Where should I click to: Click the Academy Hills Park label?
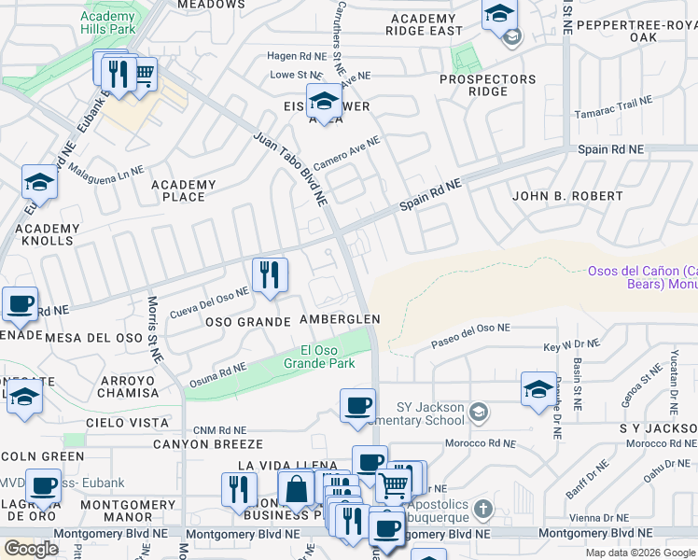(x=108, y=23)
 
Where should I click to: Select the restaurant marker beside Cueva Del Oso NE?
(x=270, y=275)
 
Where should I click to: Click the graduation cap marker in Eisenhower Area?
(x=324, y=102)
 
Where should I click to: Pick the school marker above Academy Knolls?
(x=40, y=182)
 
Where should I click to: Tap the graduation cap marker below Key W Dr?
(x=538, y=389)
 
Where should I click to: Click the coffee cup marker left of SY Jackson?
(x=357, y=406)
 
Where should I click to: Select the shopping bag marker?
(x=296, y=489)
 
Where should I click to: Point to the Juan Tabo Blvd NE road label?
(x=290, y=168)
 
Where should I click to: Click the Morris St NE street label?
(x=154, y=329)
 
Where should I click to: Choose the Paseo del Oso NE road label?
(x=470, y=336)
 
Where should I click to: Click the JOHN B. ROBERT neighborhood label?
(x=567, y=196)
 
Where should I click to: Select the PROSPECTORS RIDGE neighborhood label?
(x=488, y=85)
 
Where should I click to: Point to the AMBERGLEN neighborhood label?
(x=340, y=319)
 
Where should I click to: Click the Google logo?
(x=32, y=549)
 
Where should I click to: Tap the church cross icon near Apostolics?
(x=482, y=510)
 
